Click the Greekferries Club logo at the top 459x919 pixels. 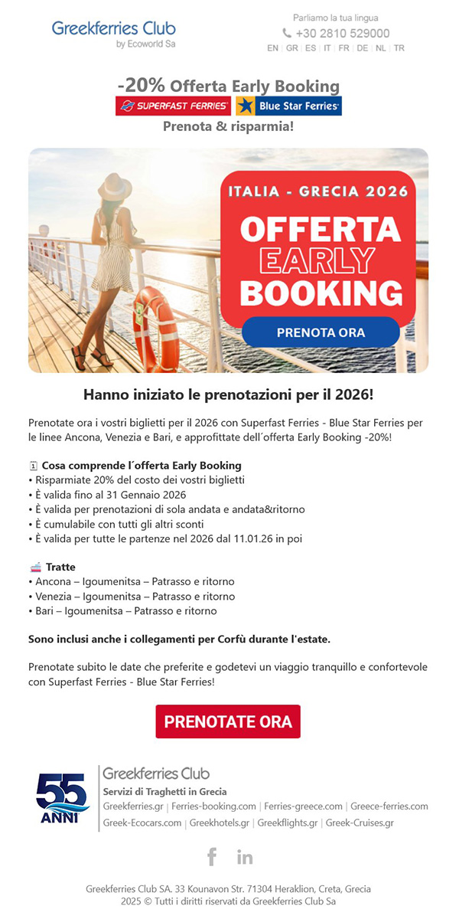(x=114, y=33)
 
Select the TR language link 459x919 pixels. (x=399, y=48)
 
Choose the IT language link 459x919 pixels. (x=327, y=48)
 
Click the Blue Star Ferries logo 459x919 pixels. (x=288, y=106)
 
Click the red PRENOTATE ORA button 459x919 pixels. (x=228, y=721)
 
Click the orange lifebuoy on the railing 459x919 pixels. (x=155, y=328)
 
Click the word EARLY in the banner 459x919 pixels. (x=321, y=261)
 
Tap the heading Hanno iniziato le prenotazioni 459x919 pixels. (x=228, y=395)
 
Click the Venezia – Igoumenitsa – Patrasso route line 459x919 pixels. (x=135, y=596)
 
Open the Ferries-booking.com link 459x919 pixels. (x=213, y=806)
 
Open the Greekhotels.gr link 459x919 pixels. (x=220, y=823)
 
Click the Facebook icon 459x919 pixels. (x=212, y=857)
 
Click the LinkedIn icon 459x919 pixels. (x=245, y=857)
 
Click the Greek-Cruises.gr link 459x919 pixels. (x=360, y=823)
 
